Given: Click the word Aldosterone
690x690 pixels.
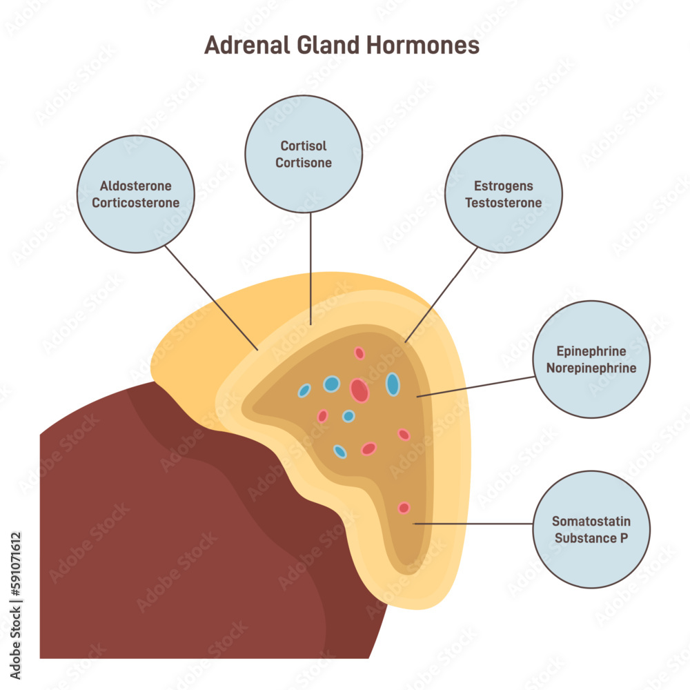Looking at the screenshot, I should tap(135, 186).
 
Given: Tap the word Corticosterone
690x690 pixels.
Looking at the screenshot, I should tap(135, 203).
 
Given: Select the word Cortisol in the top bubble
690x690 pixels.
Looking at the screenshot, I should tap(304, 146).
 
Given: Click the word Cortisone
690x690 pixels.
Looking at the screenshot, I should tap(304, 164).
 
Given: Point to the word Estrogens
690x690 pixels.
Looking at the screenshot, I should tap(503, 186).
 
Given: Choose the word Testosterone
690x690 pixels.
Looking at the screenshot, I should tap(503, 203).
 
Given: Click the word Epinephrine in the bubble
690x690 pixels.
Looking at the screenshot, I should tap(591, 351).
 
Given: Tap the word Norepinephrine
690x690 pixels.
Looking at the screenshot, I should tap(591, 368).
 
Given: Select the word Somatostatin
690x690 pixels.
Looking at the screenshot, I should tap(591, 522).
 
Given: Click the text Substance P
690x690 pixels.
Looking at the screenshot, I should tap(591, 538).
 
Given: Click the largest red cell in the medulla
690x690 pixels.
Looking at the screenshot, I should tap(359, 391).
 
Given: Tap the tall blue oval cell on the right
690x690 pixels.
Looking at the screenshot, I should tap(393, 384).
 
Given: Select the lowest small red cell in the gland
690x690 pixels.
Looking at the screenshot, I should tap(404, 508).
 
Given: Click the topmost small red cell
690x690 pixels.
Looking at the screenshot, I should tap(359, 353).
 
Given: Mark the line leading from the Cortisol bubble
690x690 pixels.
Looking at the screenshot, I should tap(310, 269).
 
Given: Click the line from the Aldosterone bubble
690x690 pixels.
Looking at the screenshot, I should tap(210, 297).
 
